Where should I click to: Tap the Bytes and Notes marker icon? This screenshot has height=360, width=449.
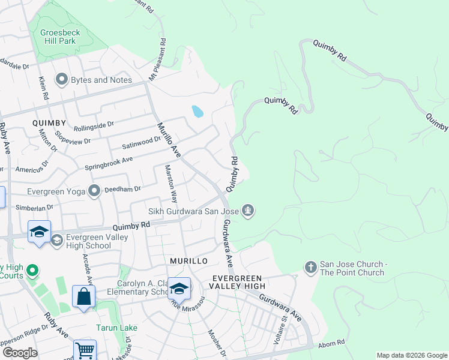pos(61,79)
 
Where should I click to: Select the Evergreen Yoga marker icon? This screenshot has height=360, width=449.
pos(94,191)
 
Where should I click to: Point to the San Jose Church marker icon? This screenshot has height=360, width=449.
pos(310,266)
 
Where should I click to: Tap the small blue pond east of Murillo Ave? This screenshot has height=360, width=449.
pos(197,111)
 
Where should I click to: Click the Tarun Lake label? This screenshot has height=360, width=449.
pos(117,328)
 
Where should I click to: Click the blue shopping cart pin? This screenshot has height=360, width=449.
pos(85,350)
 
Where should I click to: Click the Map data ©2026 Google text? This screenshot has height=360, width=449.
pos(411,355)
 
